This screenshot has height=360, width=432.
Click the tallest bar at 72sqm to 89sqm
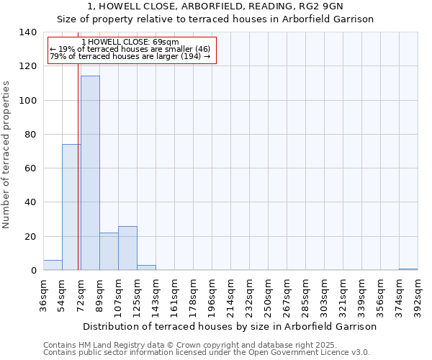[90, 173]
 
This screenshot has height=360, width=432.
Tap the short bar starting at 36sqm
[53, 265]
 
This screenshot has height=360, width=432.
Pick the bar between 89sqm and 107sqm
[109, 251]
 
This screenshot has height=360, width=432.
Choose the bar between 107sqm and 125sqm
[127, 248]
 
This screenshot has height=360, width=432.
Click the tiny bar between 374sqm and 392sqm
[408, 269]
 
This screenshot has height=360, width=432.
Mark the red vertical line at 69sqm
[78, 180]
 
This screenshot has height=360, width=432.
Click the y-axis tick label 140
[27, 32]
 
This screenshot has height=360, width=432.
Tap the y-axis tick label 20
[30, 237]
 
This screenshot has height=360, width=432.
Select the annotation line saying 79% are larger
[130, 57]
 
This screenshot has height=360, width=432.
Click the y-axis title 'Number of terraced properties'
[6, 155]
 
